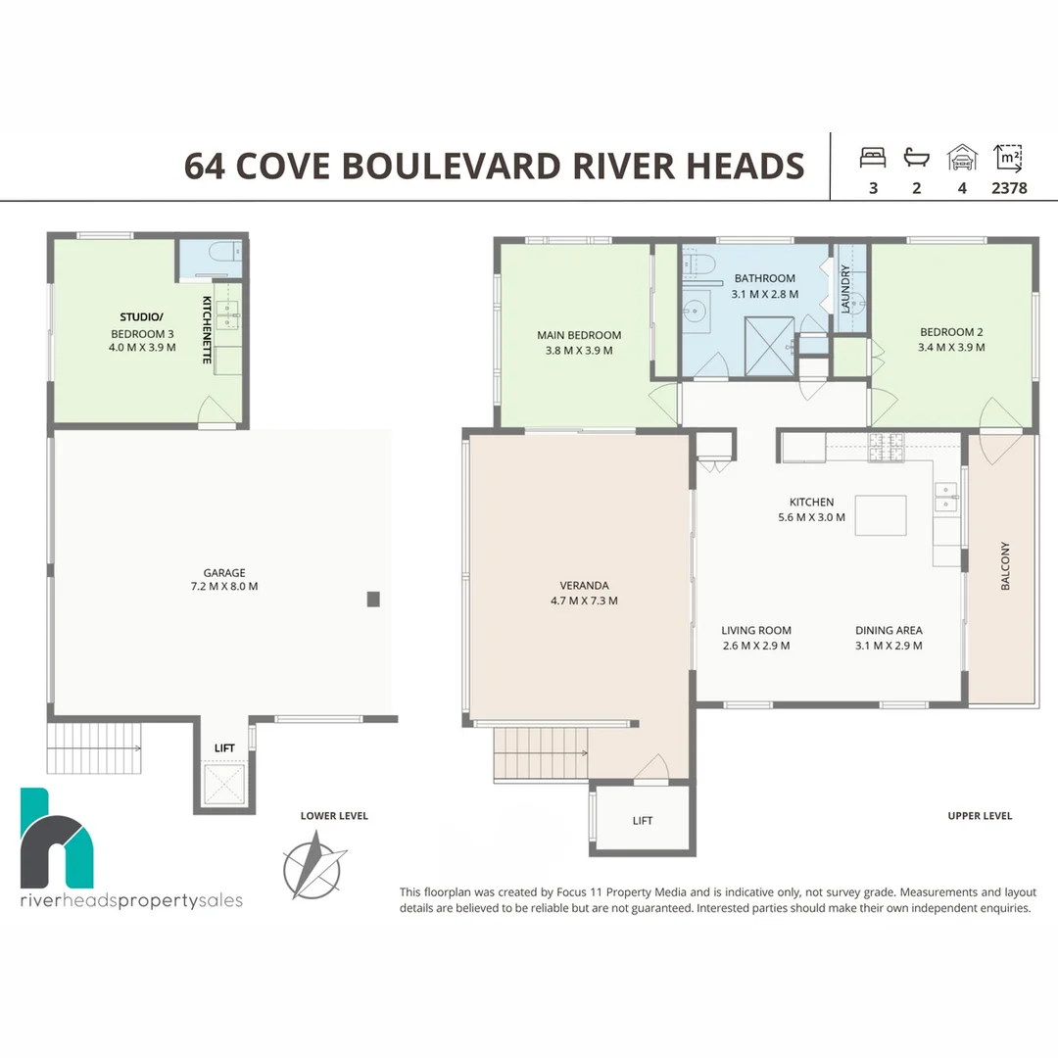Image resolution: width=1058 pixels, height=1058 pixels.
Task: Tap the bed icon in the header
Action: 873,158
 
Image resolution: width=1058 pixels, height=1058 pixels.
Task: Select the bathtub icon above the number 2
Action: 916,158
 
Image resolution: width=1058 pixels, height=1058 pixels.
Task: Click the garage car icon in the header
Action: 962,158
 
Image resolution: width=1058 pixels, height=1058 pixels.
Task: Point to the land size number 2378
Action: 1009,188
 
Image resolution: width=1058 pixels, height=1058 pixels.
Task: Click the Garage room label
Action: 224,580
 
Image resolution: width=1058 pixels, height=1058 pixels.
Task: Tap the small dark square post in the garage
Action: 373,599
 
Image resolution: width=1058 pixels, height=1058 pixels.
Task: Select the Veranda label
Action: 584,593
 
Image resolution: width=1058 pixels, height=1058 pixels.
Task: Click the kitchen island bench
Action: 881,515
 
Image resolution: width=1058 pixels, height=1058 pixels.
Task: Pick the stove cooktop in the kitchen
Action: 886,447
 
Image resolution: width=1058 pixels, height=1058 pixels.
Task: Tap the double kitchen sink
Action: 946,498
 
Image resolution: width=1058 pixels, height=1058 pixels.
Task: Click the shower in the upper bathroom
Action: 769,346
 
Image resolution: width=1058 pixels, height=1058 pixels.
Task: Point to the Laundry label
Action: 844,289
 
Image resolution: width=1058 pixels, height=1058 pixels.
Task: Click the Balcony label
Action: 1005,565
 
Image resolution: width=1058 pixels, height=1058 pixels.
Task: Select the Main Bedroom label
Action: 579,343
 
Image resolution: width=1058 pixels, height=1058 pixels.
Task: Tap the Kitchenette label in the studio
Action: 207,330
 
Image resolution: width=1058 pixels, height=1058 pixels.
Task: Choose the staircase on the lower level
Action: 94,747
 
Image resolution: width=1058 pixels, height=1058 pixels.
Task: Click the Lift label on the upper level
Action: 643,821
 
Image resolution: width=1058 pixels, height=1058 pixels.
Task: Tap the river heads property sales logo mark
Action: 57,838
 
